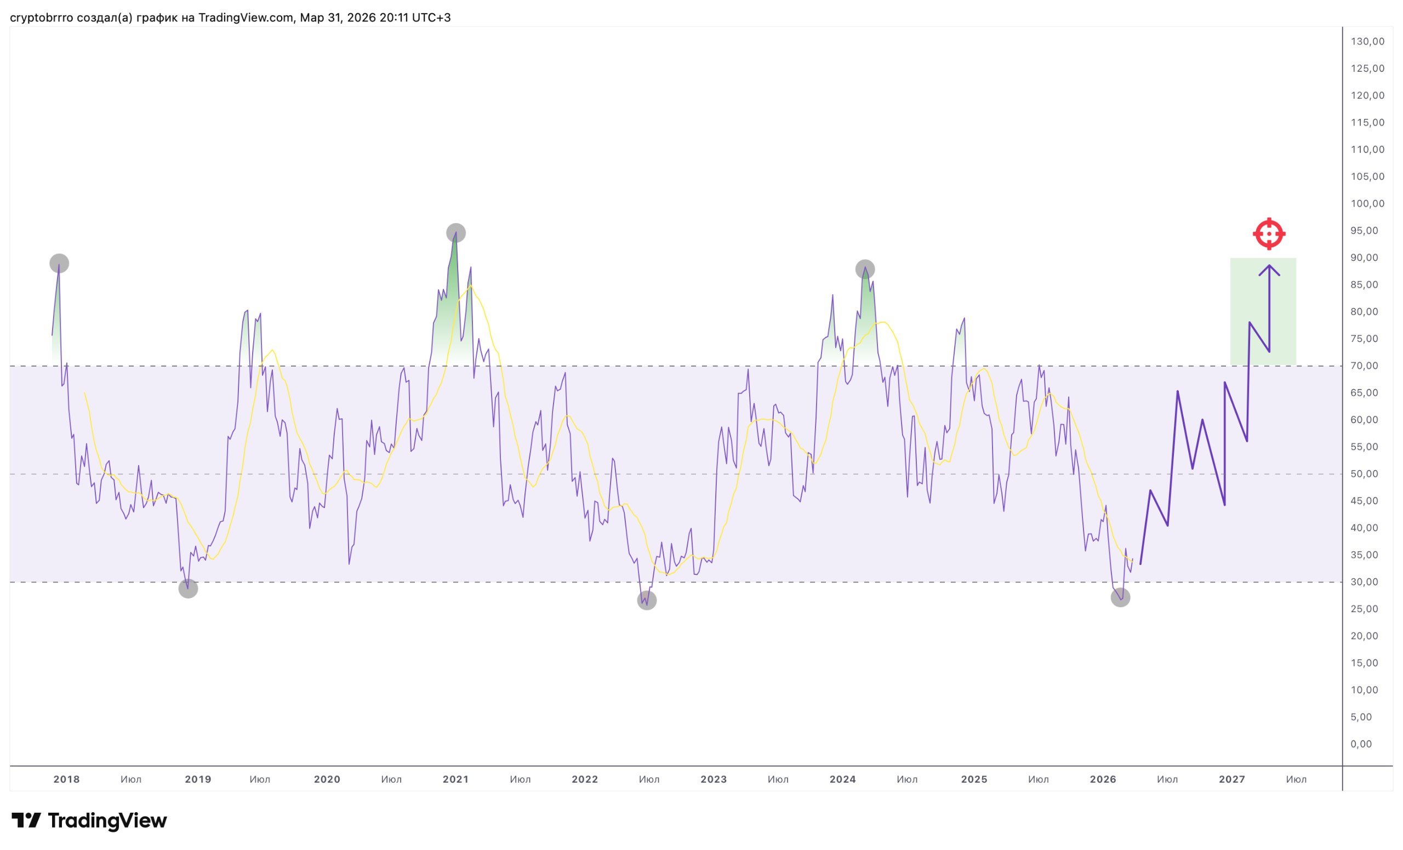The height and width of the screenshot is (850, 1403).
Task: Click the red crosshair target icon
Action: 1269,233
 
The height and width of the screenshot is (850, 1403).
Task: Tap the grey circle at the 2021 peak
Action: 455,233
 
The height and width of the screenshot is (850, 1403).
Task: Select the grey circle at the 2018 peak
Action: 59,263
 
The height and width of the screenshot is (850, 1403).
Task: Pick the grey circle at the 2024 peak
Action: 865,269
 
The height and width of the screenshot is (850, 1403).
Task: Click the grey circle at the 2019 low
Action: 188,589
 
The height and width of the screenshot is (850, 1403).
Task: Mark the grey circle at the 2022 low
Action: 647,600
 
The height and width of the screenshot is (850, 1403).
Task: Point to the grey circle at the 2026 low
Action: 1120,597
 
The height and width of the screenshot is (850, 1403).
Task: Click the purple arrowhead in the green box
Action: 1269,269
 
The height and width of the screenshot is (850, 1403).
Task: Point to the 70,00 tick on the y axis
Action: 1367,366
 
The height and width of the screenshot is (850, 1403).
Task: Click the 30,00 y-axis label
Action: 1367,582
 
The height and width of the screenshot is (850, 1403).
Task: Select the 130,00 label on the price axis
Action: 1367,41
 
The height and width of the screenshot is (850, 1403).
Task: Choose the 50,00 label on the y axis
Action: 1367,474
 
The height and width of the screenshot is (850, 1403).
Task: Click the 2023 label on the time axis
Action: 714,779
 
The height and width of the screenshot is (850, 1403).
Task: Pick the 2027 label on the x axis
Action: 1231,779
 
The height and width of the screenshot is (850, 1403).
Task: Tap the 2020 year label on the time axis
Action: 327,779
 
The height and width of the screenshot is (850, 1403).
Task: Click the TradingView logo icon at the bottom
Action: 26,820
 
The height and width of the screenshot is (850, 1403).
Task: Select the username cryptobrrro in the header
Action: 42,18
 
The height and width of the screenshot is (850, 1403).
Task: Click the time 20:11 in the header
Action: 394,18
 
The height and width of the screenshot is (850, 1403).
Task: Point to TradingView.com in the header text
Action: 246,18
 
